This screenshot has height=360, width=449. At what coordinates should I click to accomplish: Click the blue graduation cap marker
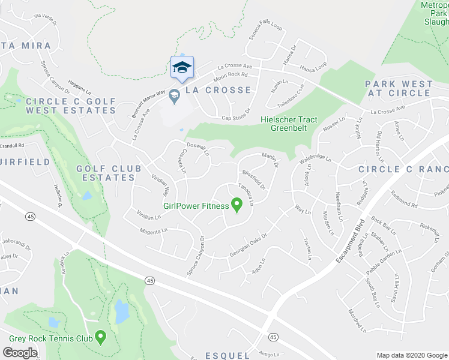pos(182,67)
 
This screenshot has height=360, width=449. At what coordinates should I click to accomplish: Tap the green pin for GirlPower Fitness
pos(237,205)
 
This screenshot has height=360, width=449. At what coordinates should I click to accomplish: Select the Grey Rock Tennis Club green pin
pos(101,338)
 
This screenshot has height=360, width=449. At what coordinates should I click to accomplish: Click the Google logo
pos(20,353)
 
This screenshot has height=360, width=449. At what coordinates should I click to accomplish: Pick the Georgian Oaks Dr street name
pos(248,247)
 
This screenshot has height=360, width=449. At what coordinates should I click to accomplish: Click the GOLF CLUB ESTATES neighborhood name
pos(106,173)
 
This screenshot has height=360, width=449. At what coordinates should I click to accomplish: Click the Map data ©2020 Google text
pos(412,355)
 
